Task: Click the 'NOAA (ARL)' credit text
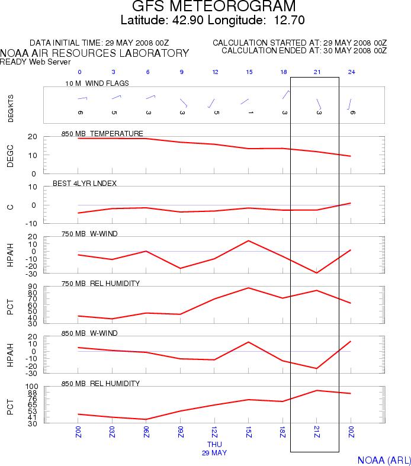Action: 383,460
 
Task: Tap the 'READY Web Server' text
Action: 36,62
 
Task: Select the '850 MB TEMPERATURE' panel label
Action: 102,133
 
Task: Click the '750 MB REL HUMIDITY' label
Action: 101,283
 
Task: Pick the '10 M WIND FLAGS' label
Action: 97,83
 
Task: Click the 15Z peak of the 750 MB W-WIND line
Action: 249,240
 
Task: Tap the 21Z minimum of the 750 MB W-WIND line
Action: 317,273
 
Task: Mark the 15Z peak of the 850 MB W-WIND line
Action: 249,342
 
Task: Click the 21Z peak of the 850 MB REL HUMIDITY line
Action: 317,390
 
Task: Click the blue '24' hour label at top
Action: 351,72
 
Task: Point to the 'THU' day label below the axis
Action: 214,443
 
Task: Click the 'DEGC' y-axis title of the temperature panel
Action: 10,155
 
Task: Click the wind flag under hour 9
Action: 183,102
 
